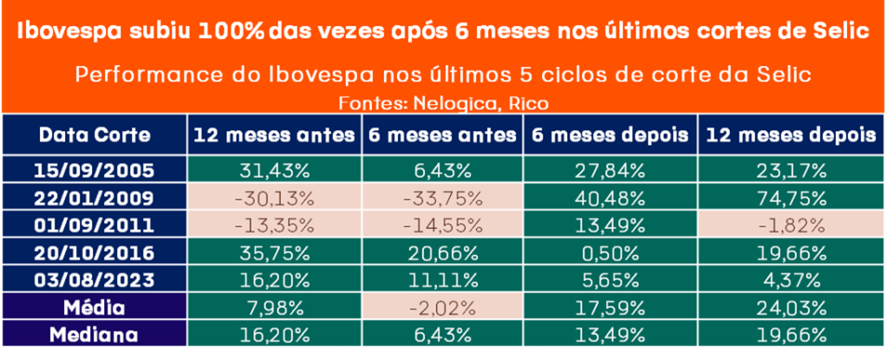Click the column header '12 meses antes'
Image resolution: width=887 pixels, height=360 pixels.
point(274,136)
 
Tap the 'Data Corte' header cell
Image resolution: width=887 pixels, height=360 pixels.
point(95,136)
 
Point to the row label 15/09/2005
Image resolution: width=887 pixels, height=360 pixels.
point(95,169)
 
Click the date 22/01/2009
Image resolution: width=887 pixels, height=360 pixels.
point(95,197)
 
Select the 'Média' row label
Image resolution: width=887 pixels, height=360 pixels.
point(95,307)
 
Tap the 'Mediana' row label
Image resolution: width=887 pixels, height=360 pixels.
point(95,335)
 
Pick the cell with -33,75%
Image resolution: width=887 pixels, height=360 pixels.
point(442,197)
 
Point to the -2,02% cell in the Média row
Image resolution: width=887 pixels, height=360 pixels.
point(442,307)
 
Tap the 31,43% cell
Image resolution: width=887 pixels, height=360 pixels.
point(274,169)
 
